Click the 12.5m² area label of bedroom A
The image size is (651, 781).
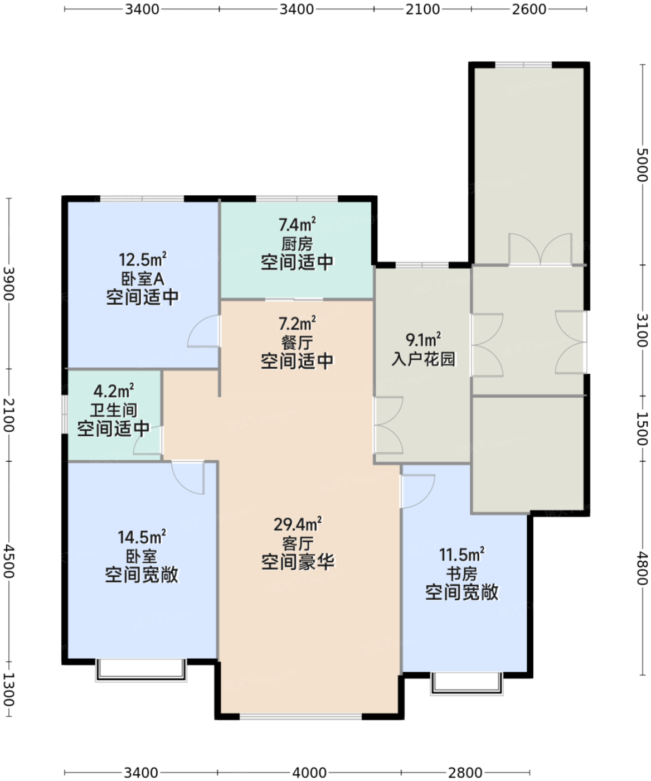[143, 259]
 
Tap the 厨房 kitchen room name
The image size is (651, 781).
[297, 244]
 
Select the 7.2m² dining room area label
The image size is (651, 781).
[297, 323]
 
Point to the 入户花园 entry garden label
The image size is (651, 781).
[424, 359]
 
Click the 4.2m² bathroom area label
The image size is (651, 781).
[114, 391]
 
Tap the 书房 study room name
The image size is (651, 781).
[462, 574]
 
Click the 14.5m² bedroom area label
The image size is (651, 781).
[142, 537]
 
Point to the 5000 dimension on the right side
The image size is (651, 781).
[643, 165]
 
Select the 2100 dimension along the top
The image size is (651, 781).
[422, 9]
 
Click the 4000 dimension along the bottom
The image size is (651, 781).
[309, 772]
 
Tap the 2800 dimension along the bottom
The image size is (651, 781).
[465, 772]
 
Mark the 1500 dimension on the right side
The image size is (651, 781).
[643, 428]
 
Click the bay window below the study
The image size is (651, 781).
[467, 684]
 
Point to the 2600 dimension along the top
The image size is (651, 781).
[529, 9]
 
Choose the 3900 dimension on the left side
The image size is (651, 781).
[9, 283]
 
